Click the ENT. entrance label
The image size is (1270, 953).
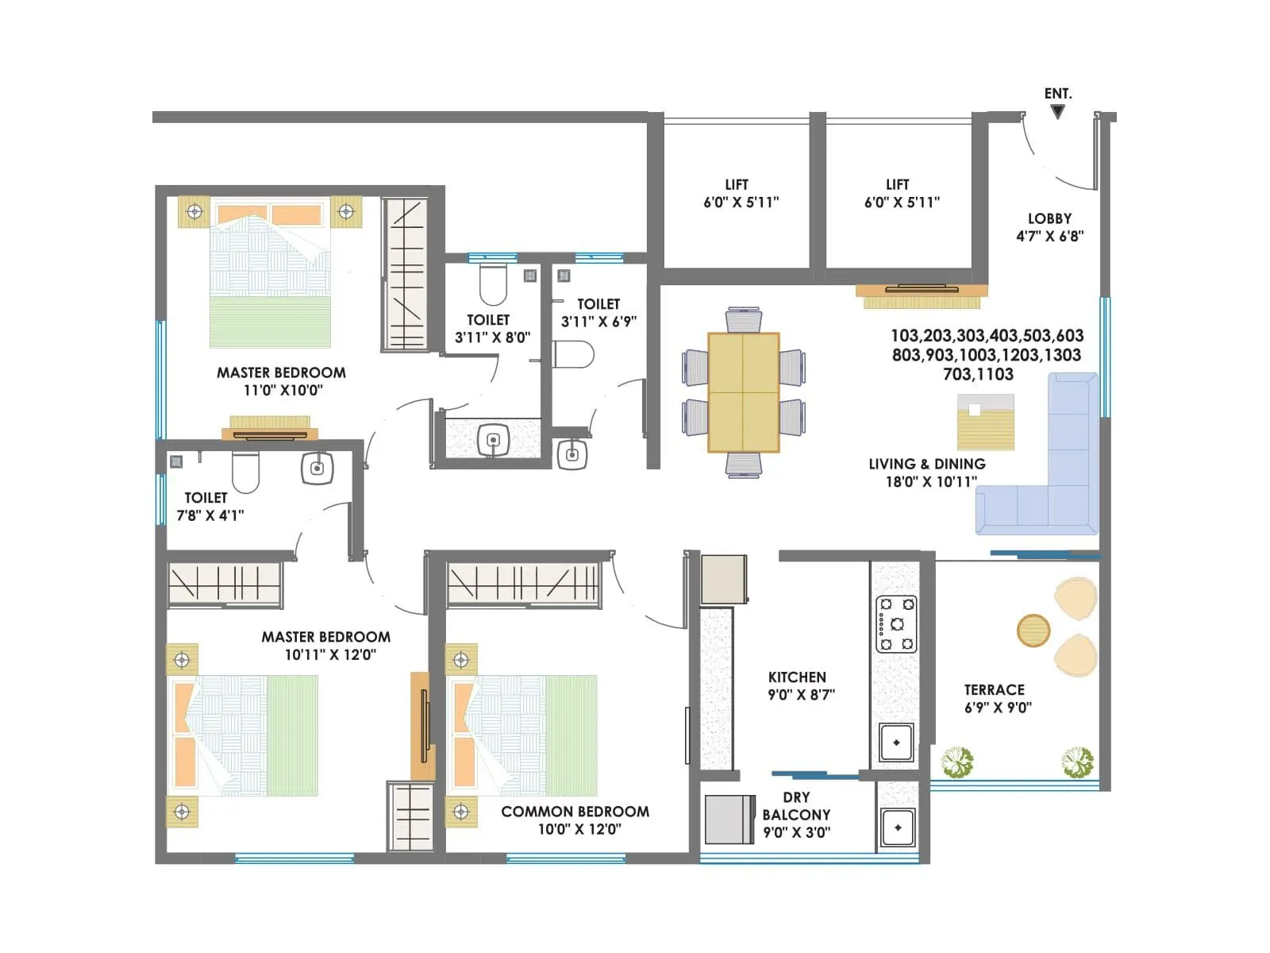pos(1057,94)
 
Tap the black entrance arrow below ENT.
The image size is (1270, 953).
pos(1057,112)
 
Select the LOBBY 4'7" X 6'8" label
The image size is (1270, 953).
pos(1049,227)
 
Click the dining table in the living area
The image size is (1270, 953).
pos(743,392)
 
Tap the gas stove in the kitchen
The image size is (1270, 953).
pos(896,624)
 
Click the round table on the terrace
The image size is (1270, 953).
pos(1033,631)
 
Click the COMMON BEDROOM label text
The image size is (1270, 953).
pos(575,812)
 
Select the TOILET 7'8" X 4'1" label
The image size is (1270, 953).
pos(209,507)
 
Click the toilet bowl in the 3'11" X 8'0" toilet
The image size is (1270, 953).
pos(493,284)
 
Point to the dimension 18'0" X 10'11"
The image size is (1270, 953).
pos(930,481)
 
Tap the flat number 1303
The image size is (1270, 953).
pos(1059,355)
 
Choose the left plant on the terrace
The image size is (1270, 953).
pos(957,762)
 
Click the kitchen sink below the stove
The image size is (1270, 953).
pos(896,743)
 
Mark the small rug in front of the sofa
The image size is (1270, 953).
pos(985,422)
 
